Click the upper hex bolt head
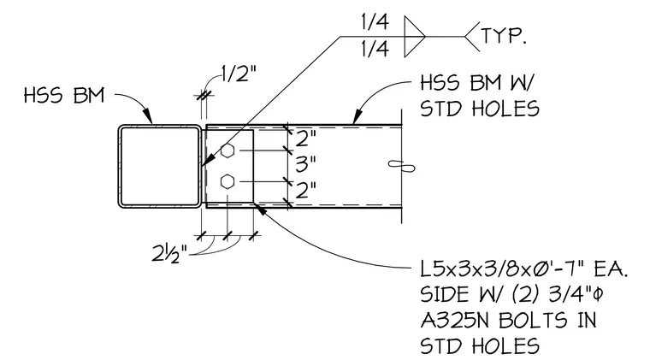(227, 150)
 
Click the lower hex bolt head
(227, 181)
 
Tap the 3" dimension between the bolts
(305, 164)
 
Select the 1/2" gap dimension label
(239, 74)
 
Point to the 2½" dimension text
(169, 253)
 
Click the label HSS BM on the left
(64, 95)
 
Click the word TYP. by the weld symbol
(504, 36)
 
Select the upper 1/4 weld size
(375, 22)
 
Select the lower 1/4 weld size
(375, 49)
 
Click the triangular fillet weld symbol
(415, 37)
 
